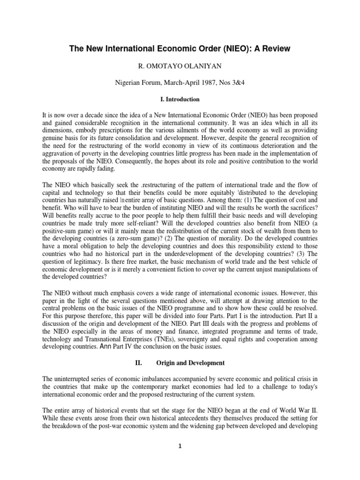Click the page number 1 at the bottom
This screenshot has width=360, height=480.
pos(180,458)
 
